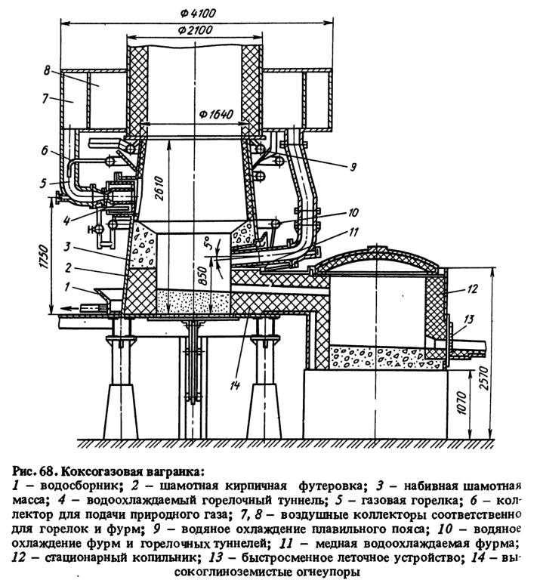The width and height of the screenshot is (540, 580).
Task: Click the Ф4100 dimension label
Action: [x=198, y=14]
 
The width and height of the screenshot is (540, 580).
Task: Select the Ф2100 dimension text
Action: [x=195, y=30]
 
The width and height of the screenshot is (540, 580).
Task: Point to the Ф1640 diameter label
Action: [x=216, y=114]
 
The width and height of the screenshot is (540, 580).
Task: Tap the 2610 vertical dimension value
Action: [x=159, y=188]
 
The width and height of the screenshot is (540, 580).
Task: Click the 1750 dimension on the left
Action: [x=44, y=256]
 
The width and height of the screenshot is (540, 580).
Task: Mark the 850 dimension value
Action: [x=202, y=273]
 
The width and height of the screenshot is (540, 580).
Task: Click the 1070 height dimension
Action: [x=462, y=403]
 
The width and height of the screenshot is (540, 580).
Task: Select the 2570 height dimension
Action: [x=484, y=378]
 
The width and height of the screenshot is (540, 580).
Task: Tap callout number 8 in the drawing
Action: [x=47, y=70]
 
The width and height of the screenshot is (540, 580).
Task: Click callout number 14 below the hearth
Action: [x=235, y=385]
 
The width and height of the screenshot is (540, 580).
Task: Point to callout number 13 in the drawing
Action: [x=468, y=319]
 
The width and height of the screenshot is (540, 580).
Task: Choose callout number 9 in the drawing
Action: [x=353, y=167]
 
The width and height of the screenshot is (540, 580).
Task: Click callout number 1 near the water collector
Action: [x=67, y=287]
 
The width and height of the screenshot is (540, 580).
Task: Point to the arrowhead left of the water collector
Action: [x=66, y=307]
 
